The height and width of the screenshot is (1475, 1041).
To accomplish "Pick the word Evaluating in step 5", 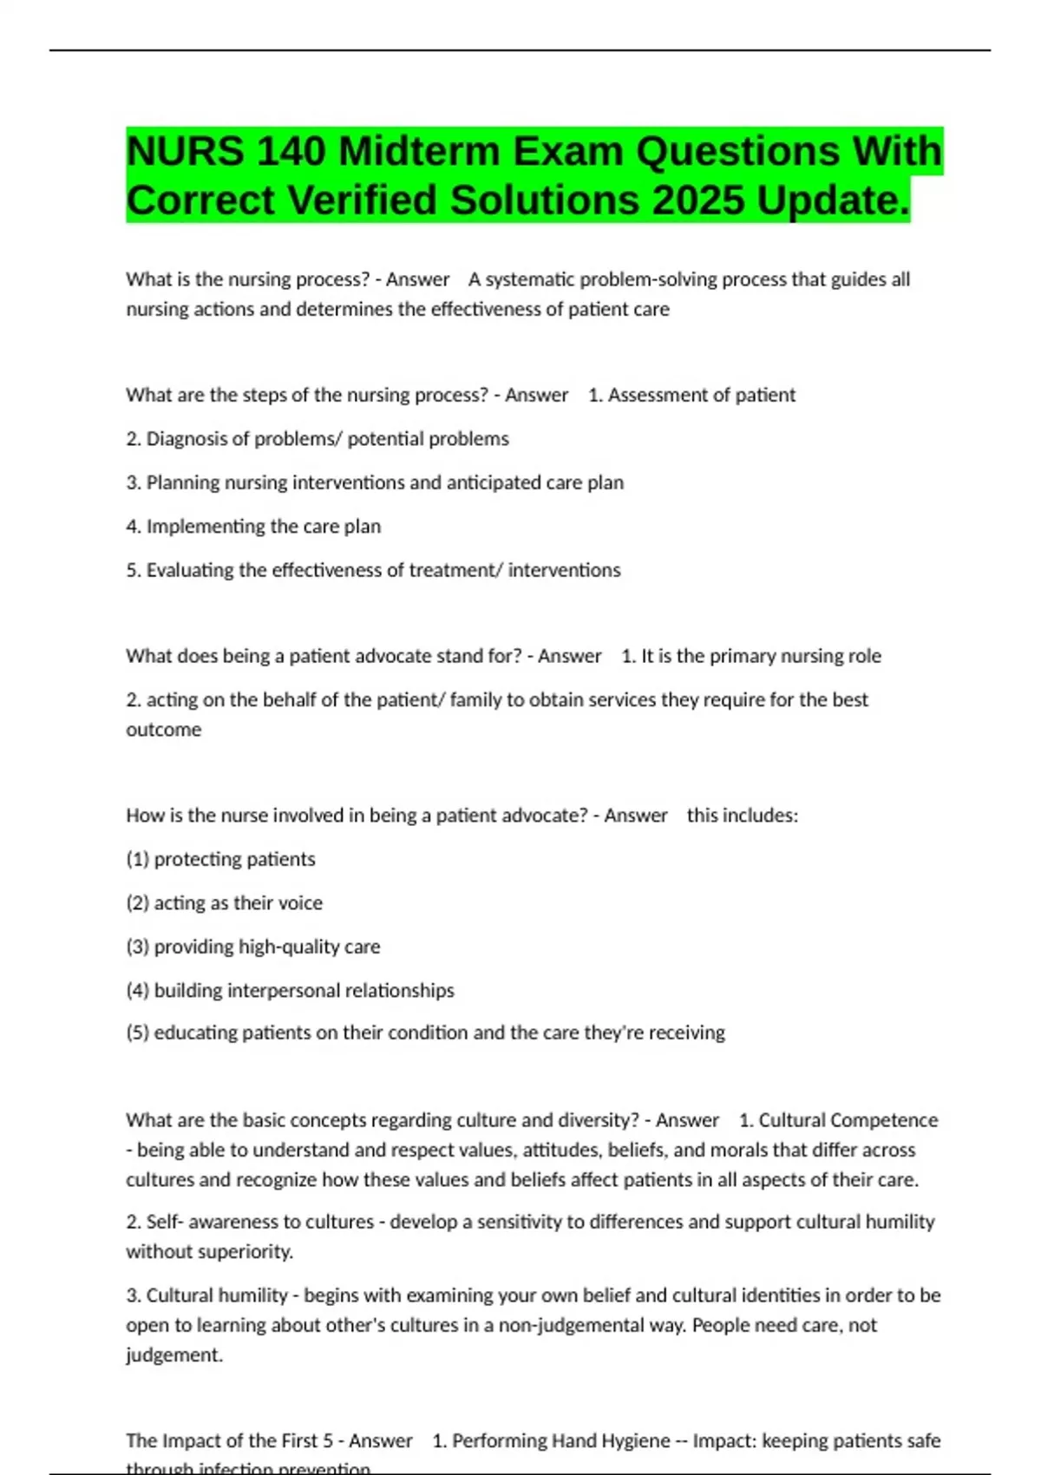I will click(x=189, y=570).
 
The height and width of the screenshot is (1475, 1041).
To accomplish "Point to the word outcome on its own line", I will click(x=164, y=730).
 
